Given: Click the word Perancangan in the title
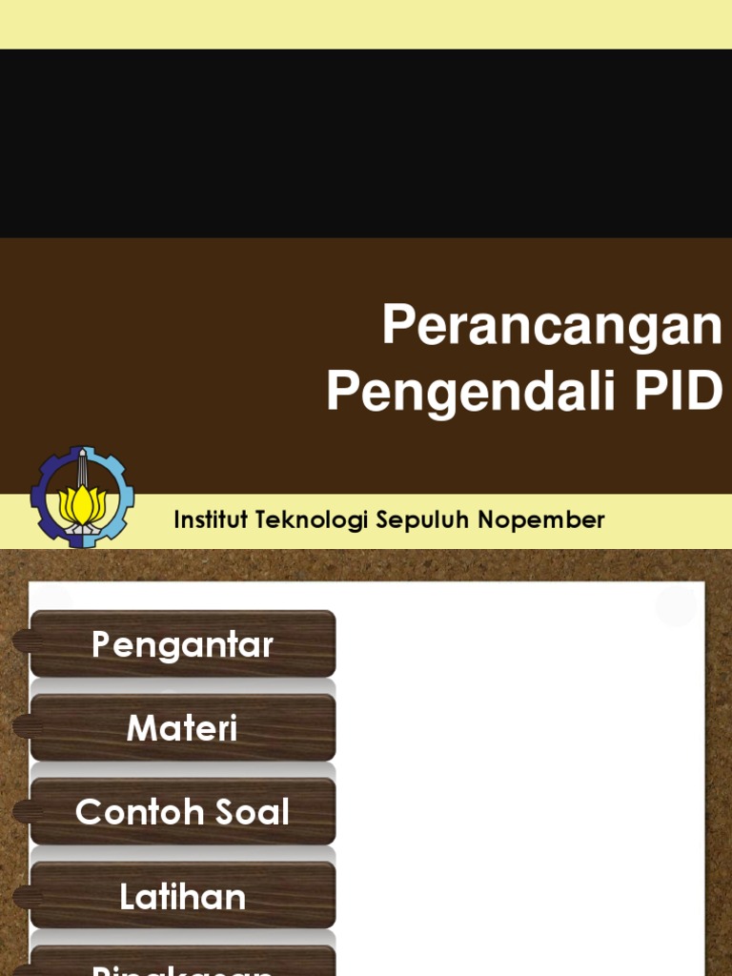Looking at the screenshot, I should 552,326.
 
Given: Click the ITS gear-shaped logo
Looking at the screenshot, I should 83,497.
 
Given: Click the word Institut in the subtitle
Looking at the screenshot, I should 210,520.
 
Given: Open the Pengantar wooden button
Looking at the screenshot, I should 182,645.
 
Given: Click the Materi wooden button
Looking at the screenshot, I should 182,729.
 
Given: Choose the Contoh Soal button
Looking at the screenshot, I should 182,812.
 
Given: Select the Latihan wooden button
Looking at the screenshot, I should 182,896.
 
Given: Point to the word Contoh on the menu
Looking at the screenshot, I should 128,812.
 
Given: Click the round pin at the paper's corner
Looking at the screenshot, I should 676,606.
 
